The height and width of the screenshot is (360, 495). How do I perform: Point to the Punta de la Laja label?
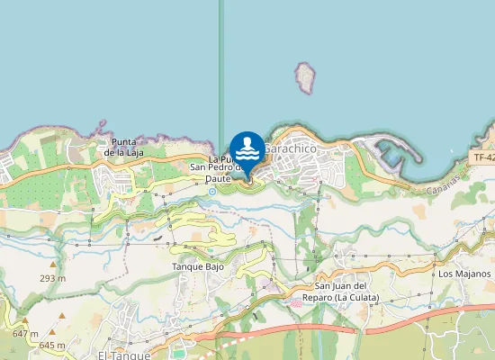[124, 147]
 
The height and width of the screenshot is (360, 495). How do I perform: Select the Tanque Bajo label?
[197, 267]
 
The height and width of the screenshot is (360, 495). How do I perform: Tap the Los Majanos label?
[464, 274]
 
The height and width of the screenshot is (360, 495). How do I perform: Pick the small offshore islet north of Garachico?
[307, 77]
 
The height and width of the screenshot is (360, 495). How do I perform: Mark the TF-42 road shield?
[484, 157]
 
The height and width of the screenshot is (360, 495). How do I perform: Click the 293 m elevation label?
[53, 278]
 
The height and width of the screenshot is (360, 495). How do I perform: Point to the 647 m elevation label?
[25, 334]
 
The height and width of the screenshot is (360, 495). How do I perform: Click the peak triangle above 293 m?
[53, 265]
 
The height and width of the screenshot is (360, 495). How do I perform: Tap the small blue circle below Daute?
[212, 191]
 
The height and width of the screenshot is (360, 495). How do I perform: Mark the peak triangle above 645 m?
[63, 317]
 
